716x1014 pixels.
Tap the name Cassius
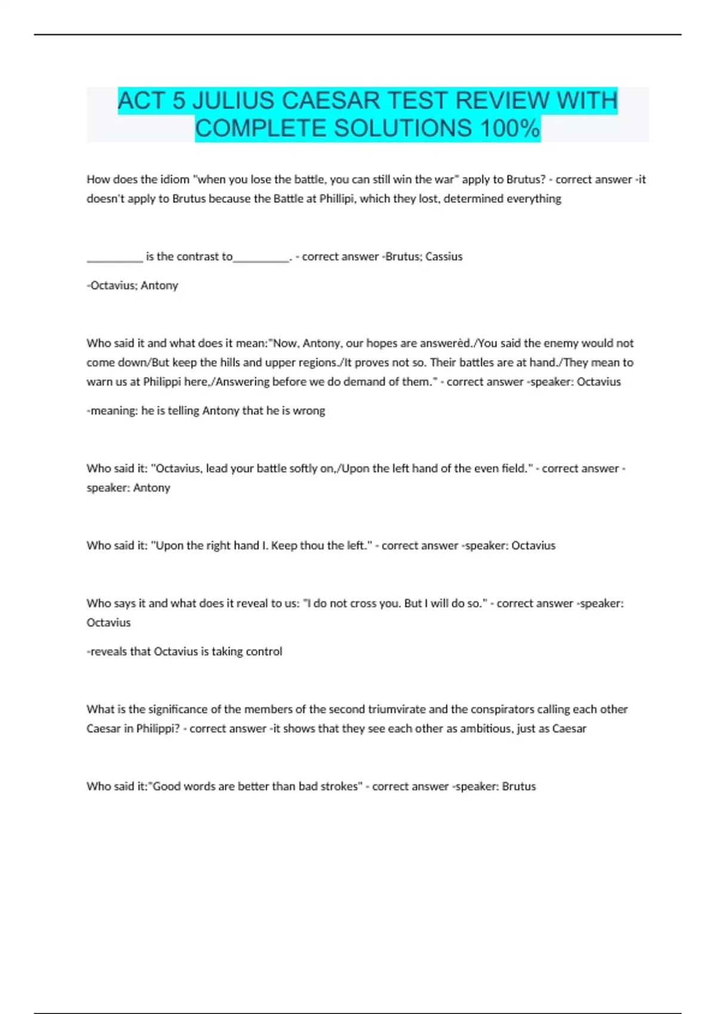click(x=444, y=256)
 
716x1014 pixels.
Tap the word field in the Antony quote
click(x=514, y=468)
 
